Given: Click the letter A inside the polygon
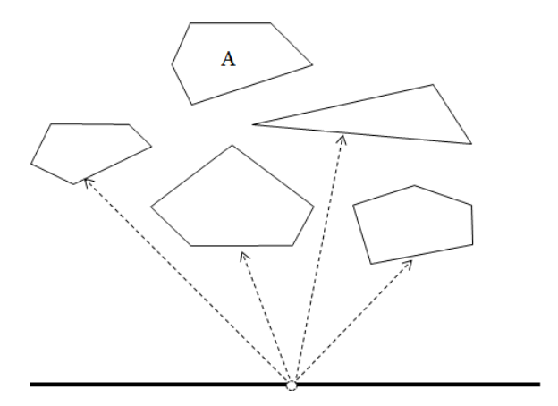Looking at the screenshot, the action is tap(228, 59).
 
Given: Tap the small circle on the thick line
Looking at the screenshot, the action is tap(292, 385).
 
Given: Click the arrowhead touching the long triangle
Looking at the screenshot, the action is tap(342, 140).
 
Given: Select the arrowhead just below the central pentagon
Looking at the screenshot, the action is tap(244, 256).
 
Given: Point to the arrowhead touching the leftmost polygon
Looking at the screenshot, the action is tap(88, 182).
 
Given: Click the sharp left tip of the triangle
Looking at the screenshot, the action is tap(252, 124).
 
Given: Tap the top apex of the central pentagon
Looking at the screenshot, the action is tap(232, 145).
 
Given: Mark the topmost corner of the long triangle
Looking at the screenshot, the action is tap(433, 85).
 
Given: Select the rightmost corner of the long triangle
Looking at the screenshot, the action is tap(471, 144).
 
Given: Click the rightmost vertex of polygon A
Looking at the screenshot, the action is tap(312, 64).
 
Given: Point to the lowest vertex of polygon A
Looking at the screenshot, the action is tap(192, 105).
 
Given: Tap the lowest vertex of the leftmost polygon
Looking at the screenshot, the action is tap(73, 184).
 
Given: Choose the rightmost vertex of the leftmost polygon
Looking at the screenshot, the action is tap(152, 146).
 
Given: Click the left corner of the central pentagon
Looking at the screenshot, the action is tap(151, 207).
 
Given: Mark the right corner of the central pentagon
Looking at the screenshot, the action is tap(314, 207).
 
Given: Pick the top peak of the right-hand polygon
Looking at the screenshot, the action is tap(414, 185).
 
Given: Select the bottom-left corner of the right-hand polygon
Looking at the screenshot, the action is tap(371, 264).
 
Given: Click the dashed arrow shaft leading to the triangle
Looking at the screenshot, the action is tap(317, 259).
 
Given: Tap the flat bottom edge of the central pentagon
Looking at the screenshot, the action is tap(242, 246).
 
